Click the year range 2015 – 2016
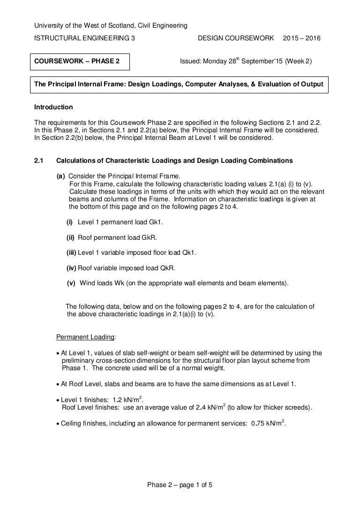(x=302, y=38)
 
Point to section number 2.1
(x=39, y=160)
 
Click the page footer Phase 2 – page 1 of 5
(x=180, y=485)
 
